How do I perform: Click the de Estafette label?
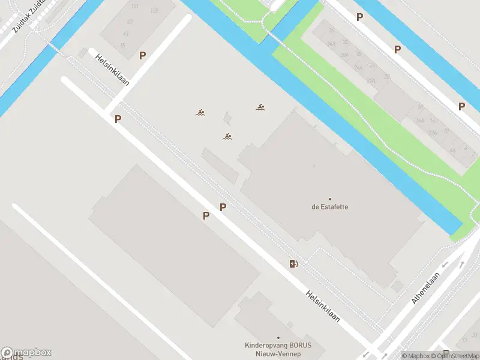[329, 207]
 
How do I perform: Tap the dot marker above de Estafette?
[329, 199]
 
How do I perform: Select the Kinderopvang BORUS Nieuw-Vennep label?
[278, 349]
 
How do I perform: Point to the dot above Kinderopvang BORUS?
[278, 338]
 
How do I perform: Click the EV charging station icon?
[293, 263]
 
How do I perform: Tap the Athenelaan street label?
[426, 289]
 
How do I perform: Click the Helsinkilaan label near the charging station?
[323, 307]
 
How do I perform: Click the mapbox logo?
[26, 353]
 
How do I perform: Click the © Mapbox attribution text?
[415, 356]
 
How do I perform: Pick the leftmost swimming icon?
[200, 112]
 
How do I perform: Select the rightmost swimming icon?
[260, 107]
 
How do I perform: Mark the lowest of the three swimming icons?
[227, 137]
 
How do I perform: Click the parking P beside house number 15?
[143, 56]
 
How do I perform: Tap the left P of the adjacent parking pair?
[206, 215]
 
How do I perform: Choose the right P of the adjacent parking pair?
[223, 207]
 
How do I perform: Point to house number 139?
[154, 11]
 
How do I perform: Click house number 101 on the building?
[134, 7]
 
